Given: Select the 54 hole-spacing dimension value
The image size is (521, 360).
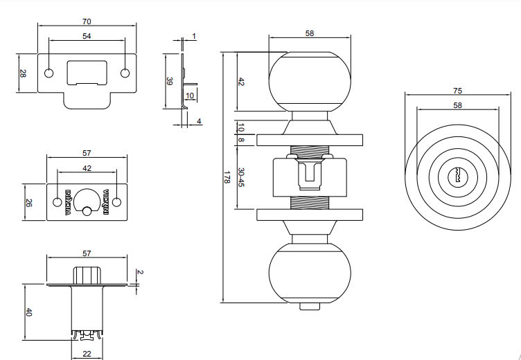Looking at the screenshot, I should click(x=87, y=35).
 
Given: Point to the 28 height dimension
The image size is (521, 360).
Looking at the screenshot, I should click(x=22, y=73).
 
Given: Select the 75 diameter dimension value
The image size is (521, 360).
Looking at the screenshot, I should click(x=457, y=90).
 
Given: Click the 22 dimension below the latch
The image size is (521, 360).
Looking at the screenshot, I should click(x=87, y=354).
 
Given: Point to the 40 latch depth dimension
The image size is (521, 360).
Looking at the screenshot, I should click(x=28, y=313).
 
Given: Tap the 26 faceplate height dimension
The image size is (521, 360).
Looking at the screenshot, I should click(x=29, y=202).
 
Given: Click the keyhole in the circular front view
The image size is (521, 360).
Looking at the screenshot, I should click(x=457, y=177).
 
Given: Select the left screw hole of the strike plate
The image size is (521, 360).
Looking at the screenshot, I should click(x=48, y=73).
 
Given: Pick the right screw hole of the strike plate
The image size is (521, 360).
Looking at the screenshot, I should click(x=125, y=73).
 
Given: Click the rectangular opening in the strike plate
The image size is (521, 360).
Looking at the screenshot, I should click(x=87, y=72).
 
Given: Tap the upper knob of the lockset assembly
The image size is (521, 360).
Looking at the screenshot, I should click(x=309, y=81).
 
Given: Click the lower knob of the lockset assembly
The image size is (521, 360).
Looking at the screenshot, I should click(x=309, y=274).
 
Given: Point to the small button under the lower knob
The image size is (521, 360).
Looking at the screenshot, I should click(x=305, y=306).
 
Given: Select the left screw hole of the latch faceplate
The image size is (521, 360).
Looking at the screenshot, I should click(x=57, y=202).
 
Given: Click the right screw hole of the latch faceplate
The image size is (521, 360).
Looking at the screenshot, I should click(x=116, y=201).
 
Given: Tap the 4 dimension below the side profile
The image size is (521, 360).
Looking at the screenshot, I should click(x=199, y=122).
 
